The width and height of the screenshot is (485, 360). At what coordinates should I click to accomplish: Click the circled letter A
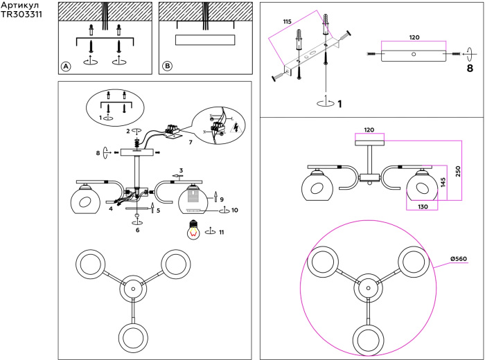click(x=66, y=66)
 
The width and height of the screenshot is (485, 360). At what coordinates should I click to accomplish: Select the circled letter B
click(x=167, y=66)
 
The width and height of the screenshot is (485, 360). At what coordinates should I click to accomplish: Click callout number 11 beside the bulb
click(x=221, y=233)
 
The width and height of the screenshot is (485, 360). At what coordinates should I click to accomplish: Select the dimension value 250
click(x=458, y=172)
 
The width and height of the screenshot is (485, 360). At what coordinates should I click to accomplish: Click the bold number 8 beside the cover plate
click(x=469, y=69)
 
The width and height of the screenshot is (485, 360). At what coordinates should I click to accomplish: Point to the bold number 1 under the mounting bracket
click(x=339, y=105)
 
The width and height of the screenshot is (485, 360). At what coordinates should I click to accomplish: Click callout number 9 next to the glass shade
click(x=222, y=199)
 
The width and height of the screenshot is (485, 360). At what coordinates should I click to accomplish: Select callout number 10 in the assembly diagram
click(x=235, y=210)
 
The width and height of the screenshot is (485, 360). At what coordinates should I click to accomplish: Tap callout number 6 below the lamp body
click(x=138, y=229)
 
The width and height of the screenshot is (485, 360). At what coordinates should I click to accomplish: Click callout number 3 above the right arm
click(x=181, y=170)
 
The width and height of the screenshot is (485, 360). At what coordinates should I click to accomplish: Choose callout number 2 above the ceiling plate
click(x=128, y=130)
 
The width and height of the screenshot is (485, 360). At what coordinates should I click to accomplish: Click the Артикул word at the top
click(x=21, y=5)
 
